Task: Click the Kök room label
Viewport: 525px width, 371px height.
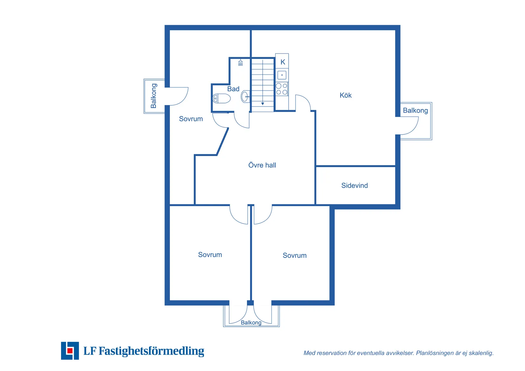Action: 346,95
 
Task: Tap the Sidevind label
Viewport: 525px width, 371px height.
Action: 354,185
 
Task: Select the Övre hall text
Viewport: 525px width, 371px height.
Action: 262,165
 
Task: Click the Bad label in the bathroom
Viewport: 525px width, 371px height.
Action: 233,89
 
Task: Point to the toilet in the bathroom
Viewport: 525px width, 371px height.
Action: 221,98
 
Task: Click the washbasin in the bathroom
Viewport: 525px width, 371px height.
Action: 245,96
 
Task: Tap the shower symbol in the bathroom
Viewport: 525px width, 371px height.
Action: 241,63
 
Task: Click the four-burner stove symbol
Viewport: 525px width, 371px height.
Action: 282,89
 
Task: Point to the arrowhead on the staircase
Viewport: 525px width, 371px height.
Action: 262,104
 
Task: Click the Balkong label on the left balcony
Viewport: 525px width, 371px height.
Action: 153,96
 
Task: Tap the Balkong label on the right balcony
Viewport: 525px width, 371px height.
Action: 415,110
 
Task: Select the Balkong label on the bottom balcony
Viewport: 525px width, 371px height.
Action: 251,323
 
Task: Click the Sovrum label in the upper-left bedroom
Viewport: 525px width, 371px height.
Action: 191,119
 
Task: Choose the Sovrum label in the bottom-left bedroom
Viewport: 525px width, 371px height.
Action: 210,255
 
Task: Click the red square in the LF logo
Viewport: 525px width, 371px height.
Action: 70,351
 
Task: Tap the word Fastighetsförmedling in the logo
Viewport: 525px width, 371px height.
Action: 151,351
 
